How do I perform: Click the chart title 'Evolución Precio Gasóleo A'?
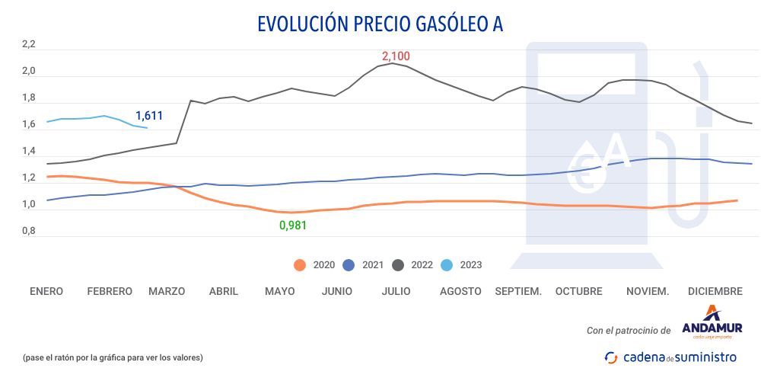380,24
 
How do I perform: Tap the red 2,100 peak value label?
396,56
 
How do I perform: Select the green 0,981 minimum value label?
293,225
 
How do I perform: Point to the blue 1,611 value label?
149,116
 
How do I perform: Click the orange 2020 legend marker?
300,265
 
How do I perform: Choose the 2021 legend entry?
363,265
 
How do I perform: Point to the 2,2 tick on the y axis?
29,45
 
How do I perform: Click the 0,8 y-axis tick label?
29,231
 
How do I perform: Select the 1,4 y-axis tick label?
29,152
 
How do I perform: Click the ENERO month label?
46,291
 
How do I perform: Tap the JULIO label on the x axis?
396,291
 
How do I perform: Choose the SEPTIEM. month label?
518,291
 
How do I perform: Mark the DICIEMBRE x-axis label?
715,291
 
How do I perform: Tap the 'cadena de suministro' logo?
670,357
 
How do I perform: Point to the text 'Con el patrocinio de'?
629,331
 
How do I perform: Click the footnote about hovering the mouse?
113,357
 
